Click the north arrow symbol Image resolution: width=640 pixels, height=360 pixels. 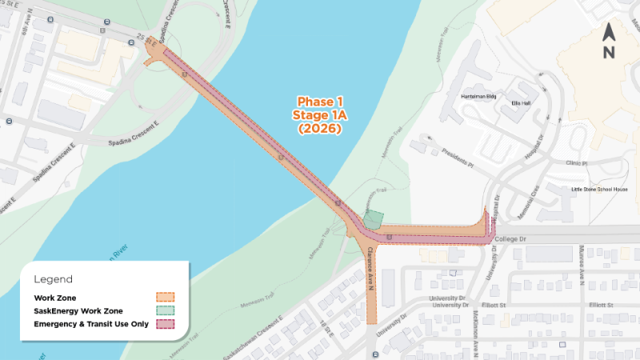click(608, 42)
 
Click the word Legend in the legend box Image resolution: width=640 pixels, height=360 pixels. click(53, 279)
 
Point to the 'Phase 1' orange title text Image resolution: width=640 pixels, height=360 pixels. click(319, 102)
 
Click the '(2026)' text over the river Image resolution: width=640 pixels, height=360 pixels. click(319, 127)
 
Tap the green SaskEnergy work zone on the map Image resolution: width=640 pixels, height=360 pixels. click(373, 219)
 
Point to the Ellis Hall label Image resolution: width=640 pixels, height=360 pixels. click(521, 103)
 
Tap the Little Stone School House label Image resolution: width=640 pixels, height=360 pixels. click(599, 190)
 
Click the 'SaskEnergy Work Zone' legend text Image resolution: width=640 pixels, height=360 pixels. click(78, 310)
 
